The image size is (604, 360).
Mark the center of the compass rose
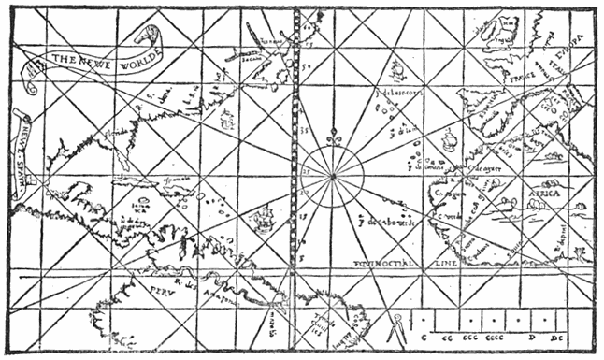tap(332, 175)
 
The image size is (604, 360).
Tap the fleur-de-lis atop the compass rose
tap(332, 140)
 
